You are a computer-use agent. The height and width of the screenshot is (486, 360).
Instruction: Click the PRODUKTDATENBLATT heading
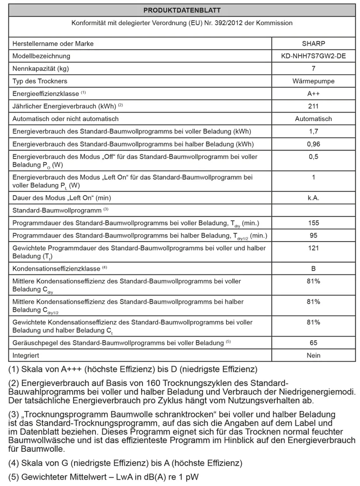click(x=182, y=10)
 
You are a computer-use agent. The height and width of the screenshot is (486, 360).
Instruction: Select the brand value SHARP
click(x=313, y=44)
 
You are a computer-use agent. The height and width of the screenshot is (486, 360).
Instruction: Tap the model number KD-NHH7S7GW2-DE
click(x=313, y=56)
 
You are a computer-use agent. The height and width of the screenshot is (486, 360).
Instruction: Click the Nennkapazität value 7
click(x=313, y=69)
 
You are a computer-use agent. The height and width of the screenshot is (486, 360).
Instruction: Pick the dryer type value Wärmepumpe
click(x=313, y=81)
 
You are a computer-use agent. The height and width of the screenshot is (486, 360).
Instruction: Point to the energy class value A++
click(x=313, y=94)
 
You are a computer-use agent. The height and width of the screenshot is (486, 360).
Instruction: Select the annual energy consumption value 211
click(x=313, y=106)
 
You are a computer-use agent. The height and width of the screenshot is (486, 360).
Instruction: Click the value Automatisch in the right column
click(x=313, y=119)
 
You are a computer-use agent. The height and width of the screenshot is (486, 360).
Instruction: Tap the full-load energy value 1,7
click(x=313, y=131)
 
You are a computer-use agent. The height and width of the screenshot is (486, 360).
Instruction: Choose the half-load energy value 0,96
click(x=313, y=144)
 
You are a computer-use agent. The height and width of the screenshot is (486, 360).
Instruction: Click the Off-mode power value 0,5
click(x=313, y=157)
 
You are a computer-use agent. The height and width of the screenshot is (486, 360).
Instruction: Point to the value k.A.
click(x=313, y=198)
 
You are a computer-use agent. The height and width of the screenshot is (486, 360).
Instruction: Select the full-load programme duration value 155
click(x=313, y=223)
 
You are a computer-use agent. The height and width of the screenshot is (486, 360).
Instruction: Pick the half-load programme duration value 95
click(x=313, y=235)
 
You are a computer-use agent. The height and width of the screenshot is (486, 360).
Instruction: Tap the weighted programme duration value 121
click(x=313, y=248)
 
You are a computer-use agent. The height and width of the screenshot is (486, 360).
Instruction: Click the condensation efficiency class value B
click(x=313, y=269)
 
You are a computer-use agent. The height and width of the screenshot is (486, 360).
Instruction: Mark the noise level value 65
click(x=313, y=343)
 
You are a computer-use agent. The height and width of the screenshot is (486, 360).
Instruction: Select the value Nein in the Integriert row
click(x=313, y=355)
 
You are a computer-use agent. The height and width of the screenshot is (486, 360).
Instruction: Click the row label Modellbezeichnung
click(x=41, y=56)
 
